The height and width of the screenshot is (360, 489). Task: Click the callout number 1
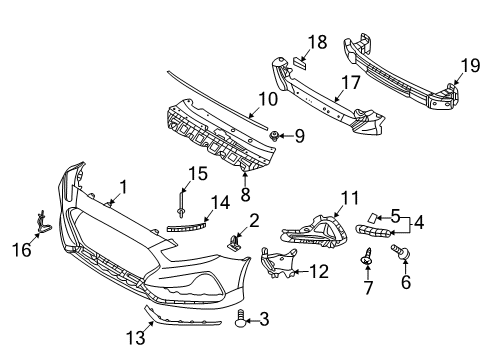tap(124, 185)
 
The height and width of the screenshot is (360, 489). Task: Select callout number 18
tap(317, 41)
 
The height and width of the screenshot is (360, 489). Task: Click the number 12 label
tap(318, 270)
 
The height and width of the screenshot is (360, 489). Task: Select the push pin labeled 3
tap(240, 319)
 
